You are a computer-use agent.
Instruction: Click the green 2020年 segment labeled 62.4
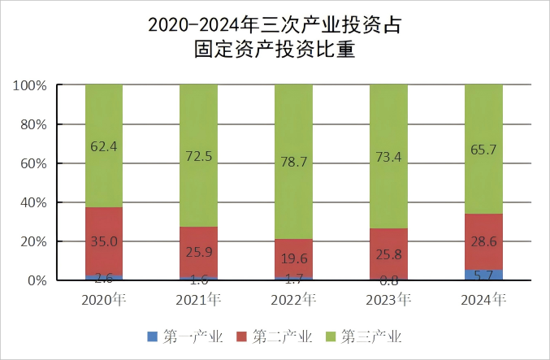pyautogui.click(x=103, y=146)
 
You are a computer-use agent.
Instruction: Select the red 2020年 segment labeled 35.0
pyautogui.click(x=103, y=241)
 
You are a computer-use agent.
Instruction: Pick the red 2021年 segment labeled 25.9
pyautogui.click(x=198, y=252)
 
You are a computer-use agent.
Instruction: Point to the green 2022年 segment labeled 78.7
pyautogui.click(x=293, y=162)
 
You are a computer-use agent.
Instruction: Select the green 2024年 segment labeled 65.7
pyautogui.click(x=483, y=150)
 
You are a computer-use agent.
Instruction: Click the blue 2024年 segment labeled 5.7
pyautogui.click(x=483, y=275)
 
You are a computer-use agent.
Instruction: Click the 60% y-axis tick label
pyautogui.click(x=32, y=163)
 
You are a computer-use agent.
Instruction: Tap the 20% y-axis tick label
pyautogui.click(x=32, y=241)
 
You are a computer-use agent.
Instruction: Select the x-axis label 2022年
pyautogui.click(x=293, y=299)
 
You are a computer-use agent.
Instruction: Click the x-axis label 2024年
pyautogui.click(x=483, y=299)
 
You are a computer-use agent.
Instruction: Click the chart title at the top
pyautogui.click(x=275, y=37)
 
